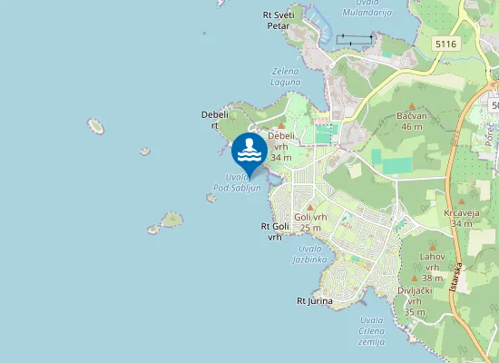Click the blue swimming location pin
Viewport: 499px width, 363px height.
pos(249,151)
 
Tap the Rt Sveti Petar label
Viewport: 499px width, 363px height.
pos(278,20)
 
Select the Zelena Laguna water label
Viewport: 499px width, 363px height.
pos(285,75)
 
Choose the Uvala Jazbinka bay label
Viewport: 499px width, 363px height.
pos(311,253)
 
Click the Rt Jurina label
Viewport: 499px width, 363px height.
pos(315,300)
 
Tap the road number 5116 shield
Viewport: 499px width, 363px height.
pos(445,44)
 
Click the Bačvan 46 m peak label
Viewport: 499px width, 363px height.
pos(411,121)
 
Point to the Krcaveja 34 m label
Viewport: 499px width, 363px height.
pos(462,218)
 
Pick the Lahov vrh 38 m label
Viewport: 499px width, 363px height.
pos(432,267)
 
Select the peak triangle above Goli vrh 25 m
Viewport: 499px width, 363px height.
pos(310,207)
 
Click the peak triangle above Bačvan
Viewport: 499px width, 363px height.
pos(411,106)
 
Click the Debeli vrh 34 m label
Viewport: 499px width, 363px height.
pos(281,146)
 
